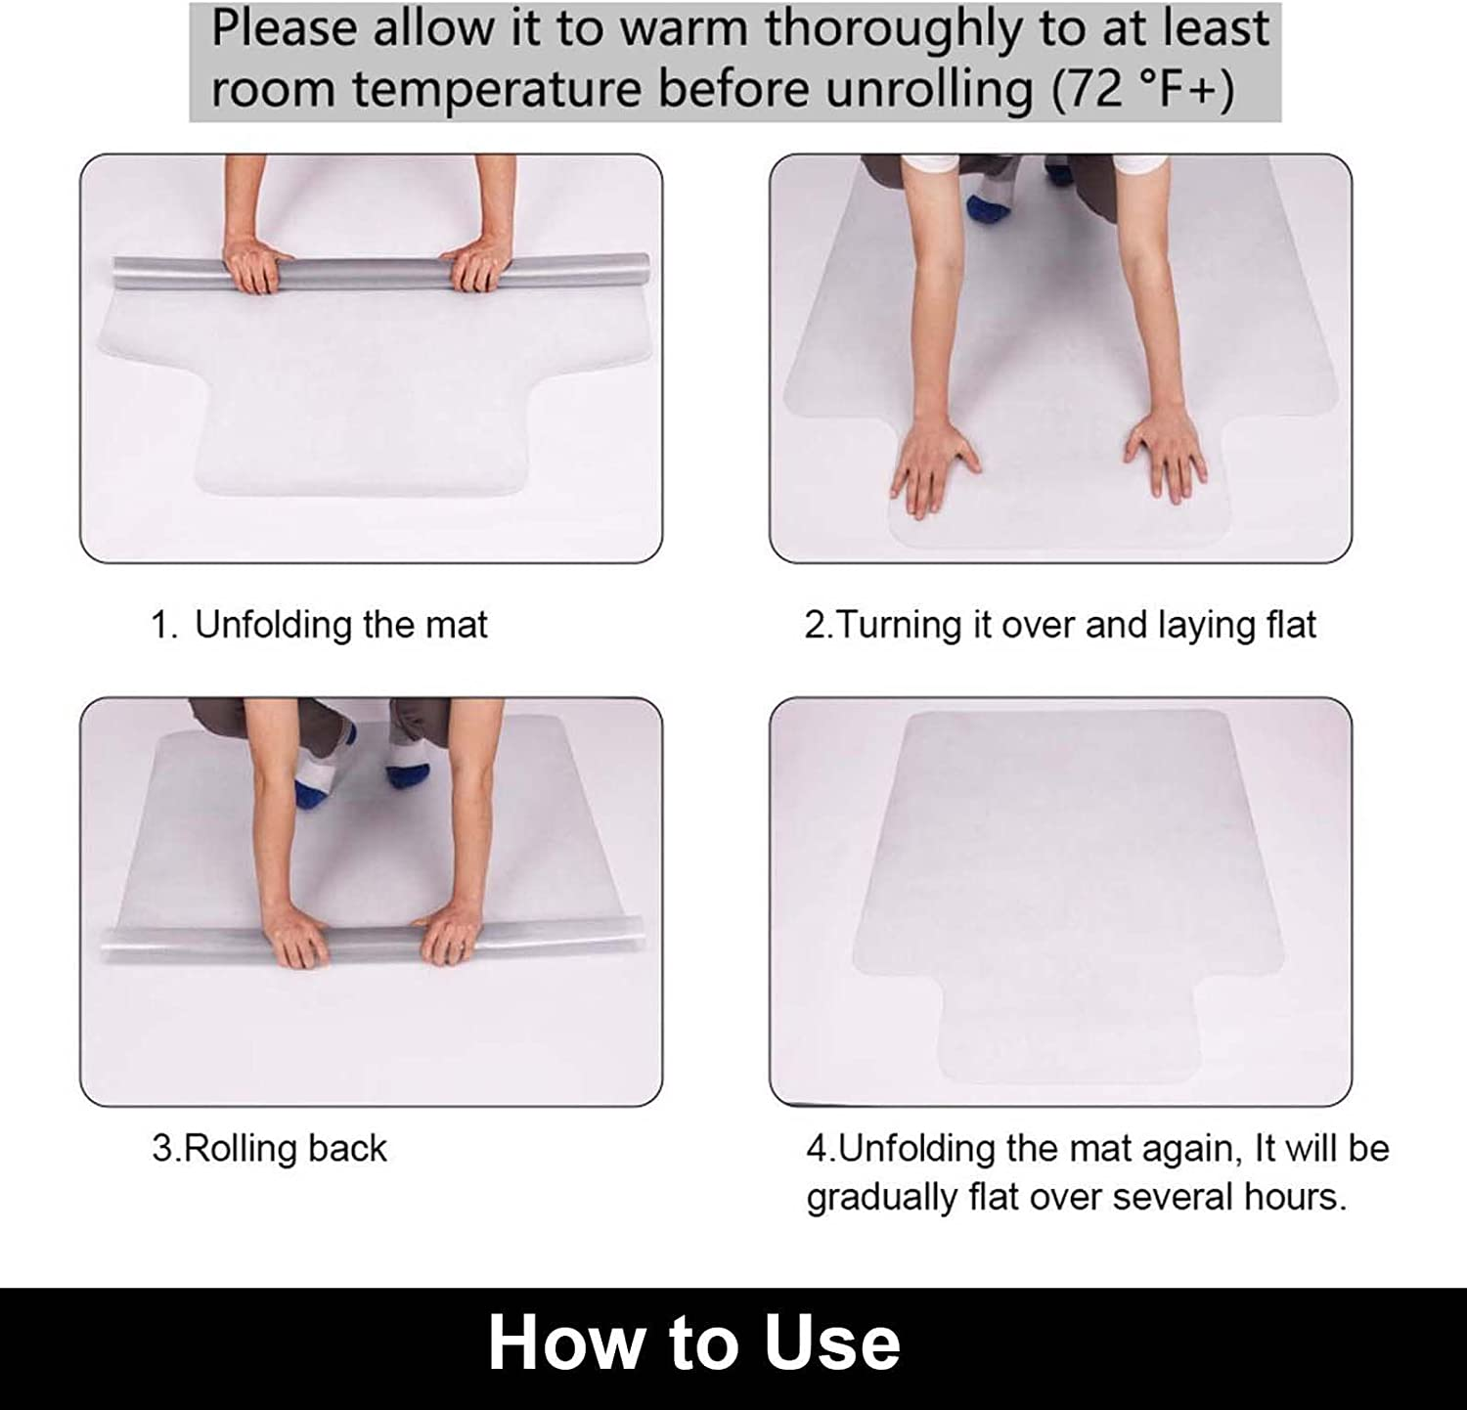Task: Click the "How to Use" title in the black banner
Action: tap(693, 1344)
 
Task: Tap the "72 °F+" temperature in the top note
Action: tap(1143, 90)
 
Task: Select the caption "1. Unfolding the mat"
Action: tap(319, 625)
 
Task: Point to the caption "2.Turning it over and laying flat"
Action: tap(1060, 625)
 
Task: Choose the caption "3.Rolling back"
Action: tap(270, 1148)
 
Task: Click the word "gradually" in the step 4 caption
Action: tap(881, 1197)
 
